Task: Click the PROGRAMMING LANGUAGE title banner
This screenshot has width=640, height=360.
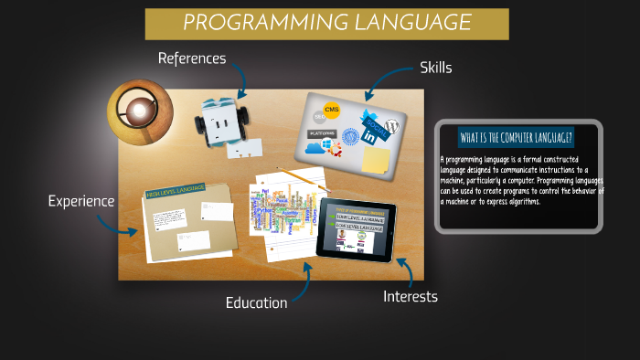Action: point(326,23)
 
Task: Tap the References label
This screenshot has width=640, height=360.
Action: point(191,58)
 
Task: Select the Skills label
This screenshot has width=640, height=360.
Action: point(435,68)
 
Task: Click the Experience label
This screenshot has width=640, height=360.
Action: point(81,200)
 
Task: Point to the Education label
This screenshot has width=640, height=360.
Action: point(256,302)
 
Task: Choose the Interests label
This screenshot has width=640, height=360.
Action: point(410,296)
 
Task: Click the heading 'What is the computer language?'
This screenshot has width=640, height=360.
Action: point(517,138)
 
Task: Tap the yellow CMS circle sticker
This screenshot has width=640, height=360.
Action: point(332,112)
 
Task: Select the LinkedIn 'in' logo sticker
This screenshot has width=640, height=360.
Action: point(372,135)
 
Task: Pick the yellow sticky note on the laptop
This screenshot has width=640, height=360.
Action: point(375,160)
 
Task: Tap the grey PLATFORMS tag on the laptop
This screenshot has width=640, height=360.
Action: point(320,132)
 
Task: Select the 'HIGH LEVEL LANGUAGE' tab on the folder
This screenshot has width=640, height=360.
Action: point(176,190)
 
